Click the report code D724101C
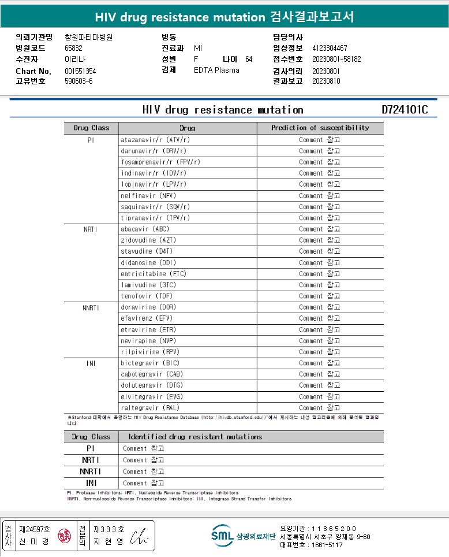(405, 110)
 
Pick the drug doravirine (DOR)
(148, 307)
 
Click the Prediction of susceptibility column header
(320, 128)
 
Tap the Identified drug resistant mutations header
(195, 437)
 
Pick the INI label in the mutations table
(91, 483)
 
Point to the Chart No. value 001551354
(80, 71)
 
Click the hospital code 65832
(73, 49)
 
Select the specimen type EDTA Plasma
(216, 70)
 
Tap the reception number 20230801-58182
(336, 59)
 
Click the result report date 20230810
(326, 81)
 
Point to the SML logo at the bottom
(222, 536)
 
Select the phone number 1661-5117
(327, 545)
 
